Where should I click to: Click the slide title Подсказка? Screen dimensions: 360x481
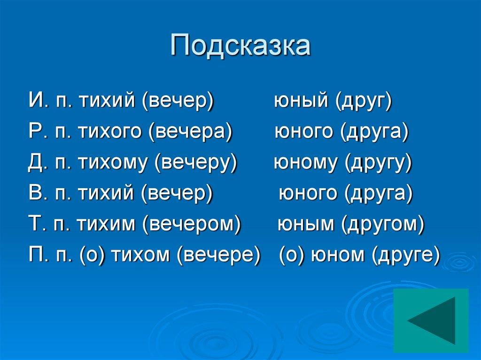[240, 46]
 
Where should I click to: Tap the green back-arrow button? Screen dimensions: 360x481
[431, 320]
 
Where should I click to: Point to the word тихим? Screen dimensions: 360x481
[105, 224]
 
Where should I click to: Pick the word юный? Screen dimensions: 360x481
[302, 101]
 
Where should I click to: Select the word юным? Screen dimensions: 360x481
[307, 224]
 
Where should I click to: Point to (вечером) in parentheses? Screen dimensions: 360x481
[192, 224]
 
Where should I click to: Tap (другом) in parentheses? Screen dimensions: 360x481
[382, 224]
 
